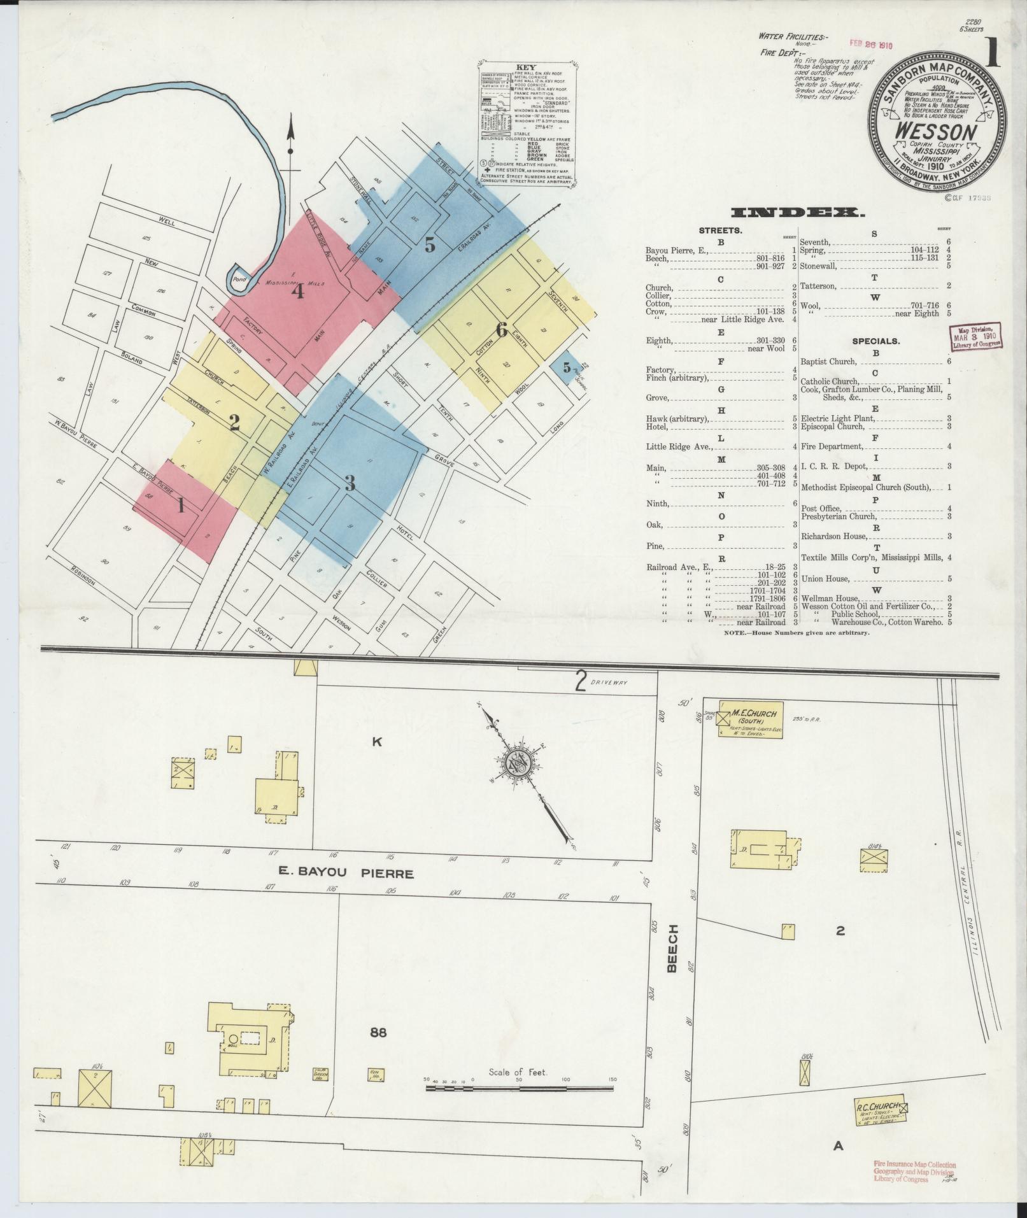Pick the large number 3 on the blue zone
pos(350,484)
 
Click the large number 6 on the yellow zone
pos(502,330)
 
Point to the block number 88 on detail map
pos(378,1032)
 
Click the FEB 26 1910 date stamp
pos(872,45)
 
